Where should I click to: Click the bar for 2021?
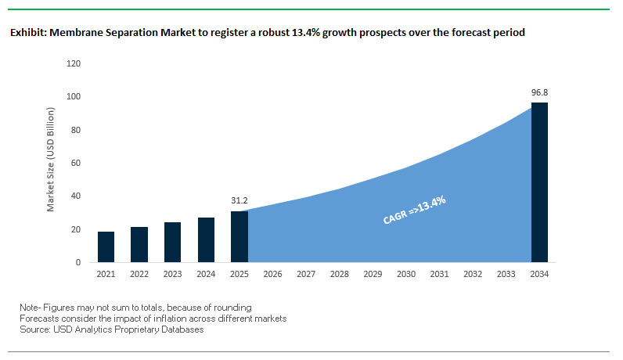click(x=106, y=247)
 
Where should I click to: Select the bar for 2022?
click(x=139, y=245)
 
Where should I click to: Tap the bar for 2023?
click(x=172, y=243)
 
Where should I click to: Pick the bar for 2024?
click(x=206, y=240)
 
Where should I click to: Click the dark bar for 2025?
click(x=239, y=237)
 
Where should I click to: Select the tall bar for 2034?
click(x=539, y=182)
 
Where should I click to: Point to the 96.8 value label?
click(x=539, y=92)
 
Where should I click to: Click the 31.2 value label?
click(x=239, y=200)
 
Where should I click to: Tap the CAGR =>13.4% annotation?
click(x=414, y=211)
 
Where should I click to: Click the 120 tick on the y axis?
click(x=74, y=63)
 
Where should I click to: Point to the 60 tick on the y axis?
click(x=77, y=163)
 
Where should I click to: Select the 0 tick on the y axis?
click(x=79, y=263)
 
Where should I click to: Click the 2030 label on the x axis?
click(x=405, y=274)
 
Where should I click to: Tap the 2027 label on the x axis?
click(x=306, y=274)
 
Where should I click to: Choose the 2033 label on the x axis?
click(x=506, y=274)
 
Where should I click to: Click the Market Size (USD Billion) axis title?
click(x=51, y=163)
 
